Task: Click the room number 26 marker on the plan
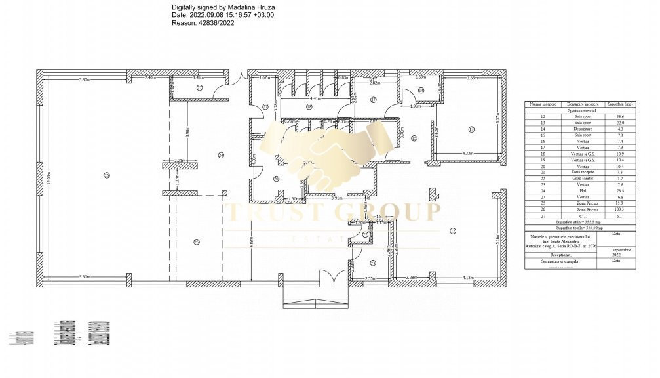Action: click(x=106, y=175)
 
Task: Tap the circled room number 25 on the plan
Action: click(x=196, y=242)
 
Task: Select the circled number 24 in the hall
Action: click(x=221, y=154)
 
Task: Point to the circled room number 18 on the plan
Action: click(x=308, y=106)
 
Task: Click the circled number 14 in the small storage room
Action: click(x=421, y=90)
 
